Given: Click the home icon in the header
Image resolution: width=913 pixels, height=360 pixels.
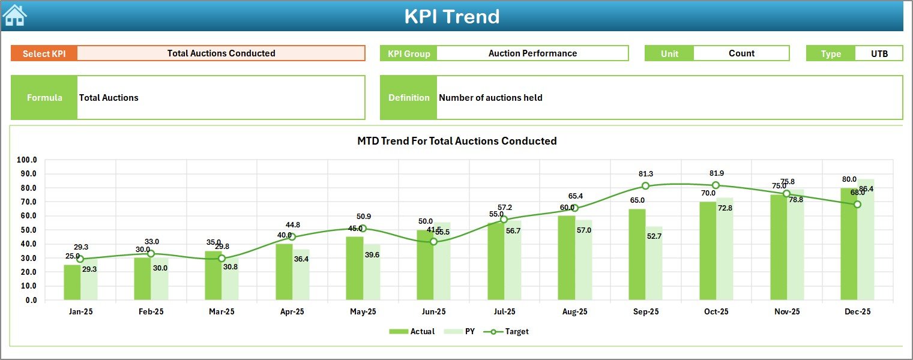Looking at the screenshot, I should (x=14, y=16).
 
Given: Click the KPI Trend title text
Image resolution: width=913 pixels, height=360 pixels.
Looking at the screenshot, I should (x=451, y=16).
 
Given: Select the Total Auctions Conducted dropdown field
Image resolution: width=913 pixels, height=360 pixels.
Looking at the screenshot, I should (x=221, y=53).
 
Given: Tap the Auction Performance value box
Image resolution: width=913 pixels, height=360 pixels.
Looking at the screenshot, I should (x=532, y=53).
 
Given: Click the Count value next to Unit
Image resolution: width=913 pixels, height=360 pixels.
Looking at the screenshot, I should (x=741, y=53).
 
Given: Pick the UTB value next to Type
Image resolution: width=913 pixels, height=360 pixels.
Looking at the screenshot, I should (x=879, y=53).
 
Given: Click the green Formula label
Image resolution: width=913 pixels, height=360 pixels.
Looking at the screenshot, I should (x=44, y=98).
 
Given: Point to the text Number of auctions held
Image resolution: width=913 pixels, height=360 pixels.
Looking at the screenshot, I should (x=490, y=98).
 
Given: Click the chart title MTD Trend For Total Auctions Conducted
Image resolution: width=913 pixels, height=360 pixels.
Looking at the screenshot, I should (x=457, y=141).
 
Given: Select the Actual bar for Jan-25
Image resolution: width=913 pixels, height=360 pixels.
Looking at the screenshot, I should (x=72, y=282).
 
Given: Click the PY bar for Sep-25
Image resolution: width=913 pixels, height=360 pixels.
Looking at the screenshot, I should (x=654, y=263).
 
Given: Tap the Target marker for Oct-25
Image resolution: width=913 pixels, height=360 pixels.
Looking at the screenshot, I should (x=716, y=185).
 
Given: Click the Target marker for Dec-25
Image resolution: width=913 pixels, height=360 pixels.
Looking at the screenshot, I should (x=857, y=205).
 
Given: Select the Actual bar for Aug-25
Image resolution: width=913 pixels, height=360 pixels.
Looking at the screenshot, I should (x=566, y=258).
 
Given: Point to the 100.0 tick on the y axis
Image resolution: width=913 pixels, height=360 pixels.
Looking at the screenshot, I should (x=26, y=160).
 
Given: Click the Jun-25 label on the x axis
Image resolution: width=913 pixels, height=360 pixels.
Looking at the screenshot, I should (x=433, y=312).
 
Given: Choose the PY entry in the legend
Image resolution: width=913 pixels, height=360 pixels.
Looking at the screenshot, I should (x=462, y=331).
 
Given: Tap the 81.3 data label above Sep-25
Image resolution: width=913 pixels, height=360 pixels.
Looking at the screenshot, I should (x=645, y=174).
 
